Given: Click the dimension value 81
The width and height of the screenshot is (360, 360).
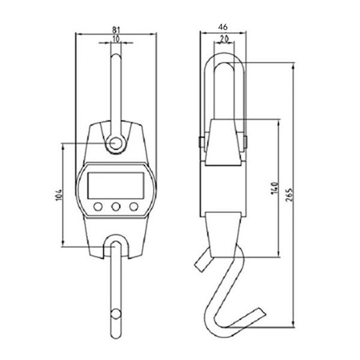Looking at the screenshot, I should [x=116, y=28].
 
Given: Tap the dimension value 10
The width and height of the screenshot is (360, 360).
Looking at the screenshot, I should [x=115, y=38].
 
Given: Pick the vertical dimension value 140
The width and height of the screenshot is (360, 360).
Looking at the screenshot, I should [x=274, y=188].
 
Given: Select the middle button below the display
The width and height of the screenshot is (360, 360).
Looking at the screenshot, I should [x=115, y=208].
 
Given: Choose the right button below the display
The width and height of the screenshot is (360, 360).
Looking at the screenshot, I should [x=133, y=208].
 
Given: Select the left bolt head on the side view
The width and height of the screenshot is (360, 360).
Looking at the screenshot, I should [x=198, y=143].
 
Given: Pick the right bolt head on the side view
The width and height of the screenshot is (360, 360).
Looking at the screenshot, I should [x=245, y=143].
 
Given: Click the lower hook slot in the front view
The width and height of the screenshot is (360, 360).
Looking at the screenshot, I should [x=115, y=246].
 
